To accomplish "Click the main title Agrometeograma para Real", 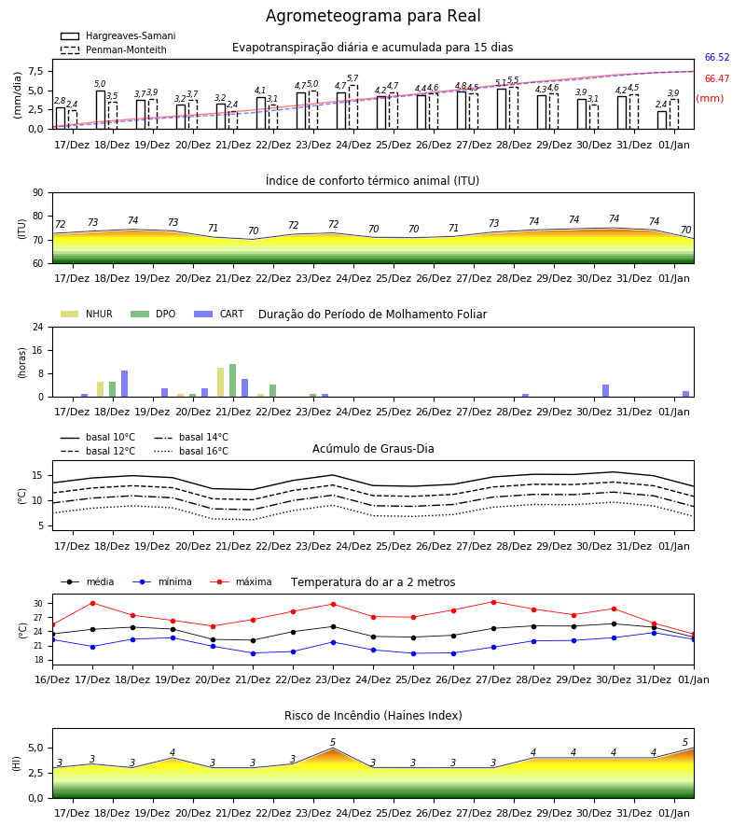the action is (373, 16).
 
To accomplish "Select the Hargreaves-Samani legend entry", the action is (118, 35).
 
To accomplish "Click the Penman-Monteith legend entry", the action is (114, 49).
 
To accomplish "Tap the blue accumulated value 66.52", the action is (717, 57).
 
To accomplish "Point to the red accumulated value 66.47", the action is (717, 78).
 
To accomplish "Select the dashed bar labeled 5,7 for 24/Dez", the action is (353, 107).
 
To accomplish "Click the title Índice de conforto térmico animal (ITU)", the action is (372, 181).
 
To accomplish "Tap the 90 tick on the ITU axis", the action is (38, 193).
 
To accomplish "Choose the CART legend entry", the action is (219, 314).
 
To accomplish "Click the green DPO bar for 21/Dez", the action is (233, 381).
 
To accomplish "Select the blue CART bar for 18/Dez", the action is (124, 384).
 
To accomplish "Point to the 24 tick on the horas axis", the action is (38, 327).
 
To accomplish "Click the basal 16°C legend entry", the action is (191, 451).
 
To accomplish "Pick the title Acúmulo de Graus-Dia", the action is (373, 449).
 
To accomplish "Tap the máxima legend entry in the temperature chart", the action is (242, 581).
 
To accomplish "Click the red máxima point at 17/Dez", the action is (92, 603).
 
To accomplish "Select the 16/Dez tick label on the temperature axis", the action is (52, 679).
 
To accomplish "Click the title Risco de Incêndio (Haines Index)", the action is (373, 716).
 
